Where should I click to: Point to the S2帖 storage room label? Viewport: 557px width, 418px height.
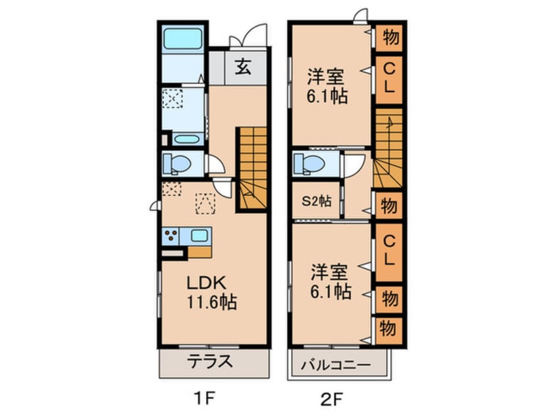pos(316,202)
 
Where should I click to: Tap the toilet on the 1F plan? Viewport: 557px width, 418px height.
pos(176,162)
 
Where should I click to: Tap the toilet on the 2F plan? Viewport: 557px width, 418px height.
pos(308,162)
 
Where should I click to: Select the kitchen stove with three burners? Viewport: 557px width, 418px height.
pos(171,236)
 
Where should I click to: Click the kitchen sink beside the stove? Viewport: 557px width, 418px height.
pos(199,235)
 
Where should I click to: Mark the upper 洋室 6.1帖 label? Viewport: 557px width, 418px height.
pos(327,86)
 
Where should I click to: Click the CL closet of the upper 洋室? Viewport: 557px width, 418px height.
pos(388,78)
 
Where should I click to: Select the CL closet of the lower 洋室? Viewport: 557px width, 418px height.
pos(388,250)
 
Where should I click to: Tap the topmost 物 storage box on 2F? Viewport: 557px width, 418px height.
pos(389,38)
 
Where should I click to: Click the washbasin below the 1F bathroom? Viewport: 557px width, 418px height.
pos(189,139)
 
